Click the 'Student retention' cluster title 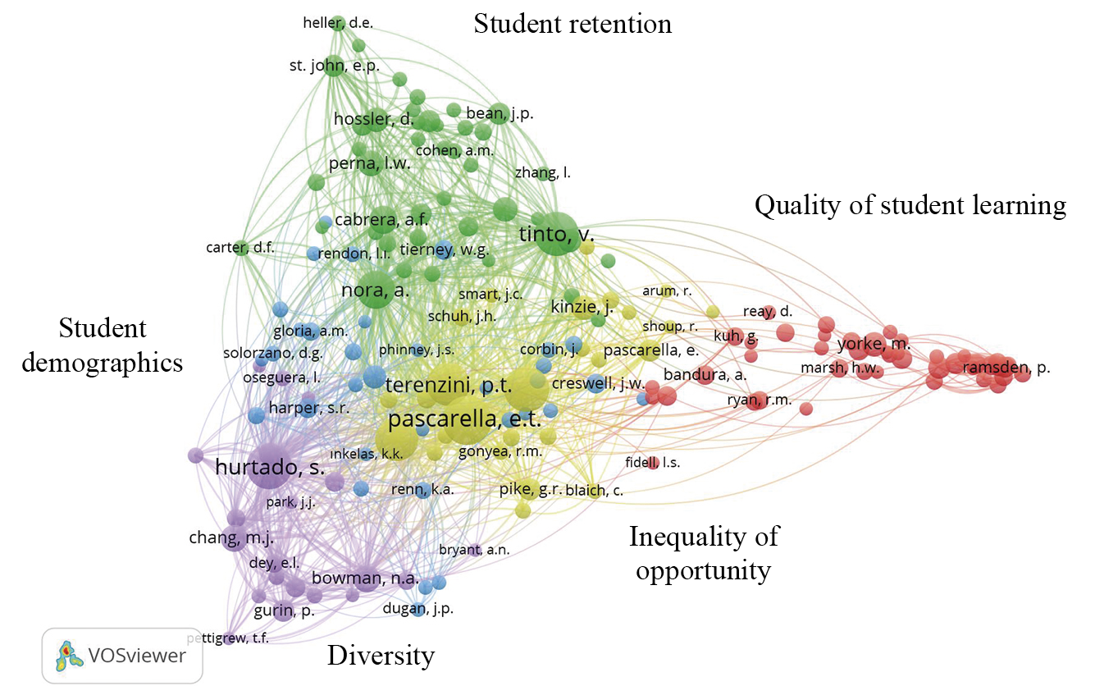coord(573,24)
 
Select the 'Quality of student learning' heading coord(910,205)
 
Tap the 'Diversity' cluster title coord(381,656)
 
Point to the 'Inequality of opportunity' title coord(704,553)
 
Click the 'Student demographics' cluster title coord(102,345)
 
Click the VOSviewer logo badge coord(121,655)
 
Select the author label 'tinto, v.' coord(557,235)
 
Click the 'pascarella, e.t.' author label coord(464,419)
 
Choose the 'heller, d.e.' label coord(338,23)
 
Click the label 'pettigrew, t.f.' coord(228,638)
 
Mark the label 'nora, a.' coord(375,290)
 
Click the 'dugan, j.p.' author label coord(417,609)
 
